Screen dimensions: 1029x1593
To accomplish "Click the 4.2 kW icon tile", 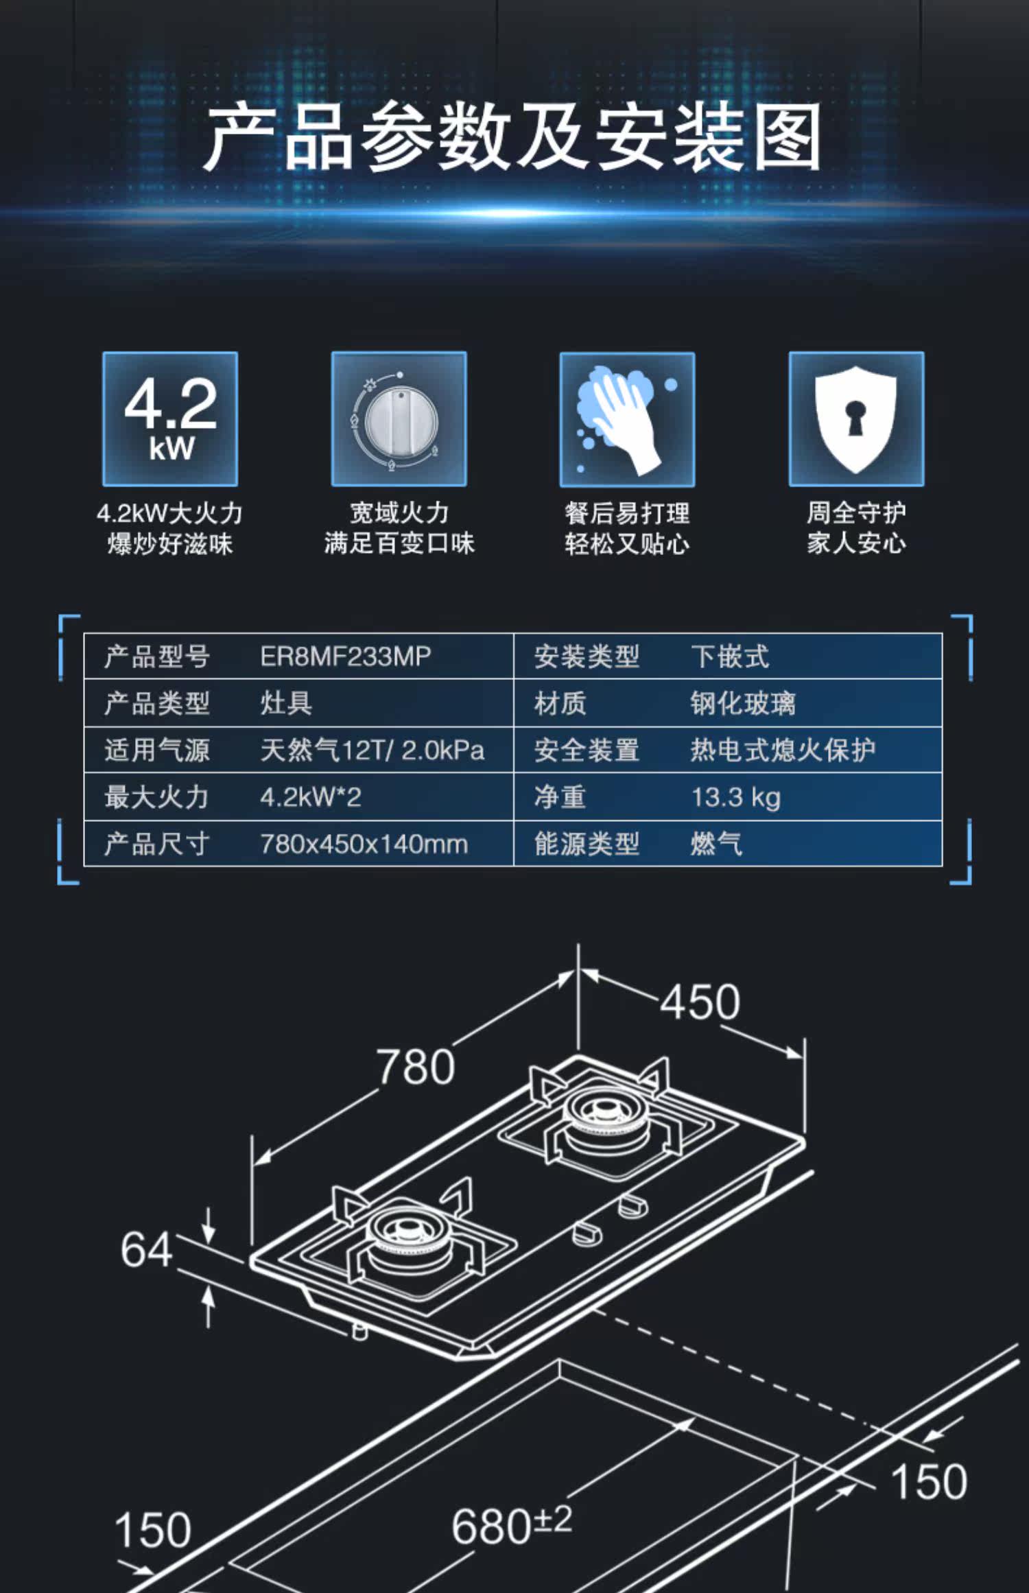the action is click(170, 419).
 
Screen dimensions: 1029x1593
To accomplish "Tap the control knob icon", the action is click(399, 419).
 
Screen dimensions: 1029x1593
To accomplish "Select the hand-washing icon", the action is click(627, 419).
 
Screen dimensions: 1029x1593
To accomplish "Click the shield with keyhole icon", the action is click(856, 419).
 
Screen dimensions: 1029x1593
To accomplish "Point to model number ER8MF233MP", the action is click(345, 657).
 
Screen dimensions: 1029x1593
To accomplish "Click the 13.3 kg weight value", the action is click(735, 797).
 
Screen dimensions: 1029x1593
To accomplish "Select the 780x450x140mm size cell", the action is click(364, 844).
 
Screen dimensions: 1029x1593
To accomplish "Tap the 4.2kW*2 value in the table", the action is click(310, 797).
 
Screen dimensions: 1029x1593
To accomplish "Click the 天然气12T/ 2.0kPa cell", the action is click(372, 751).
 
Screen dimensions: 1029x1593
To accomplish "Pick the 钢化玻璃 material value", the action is click(743, 704).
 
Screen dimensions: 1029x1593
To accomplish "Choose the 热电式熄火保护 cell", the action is click(782, 751).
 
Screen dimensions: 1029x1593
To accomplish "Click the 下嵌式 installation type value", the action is click(730, 657).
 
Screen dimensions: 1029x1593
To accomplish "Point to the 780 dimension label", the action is click(416, 1067).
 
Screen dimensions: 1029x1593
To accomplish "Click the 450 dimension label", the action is click(700, 1002).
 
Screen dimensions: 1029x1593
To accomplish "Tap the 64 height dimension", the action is click(146, 1249).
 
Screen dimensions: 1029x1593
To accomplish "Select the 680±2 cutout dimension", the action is click(511, 1525).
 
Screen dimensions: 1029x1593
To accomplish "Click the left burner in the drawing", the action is click(408, 1235).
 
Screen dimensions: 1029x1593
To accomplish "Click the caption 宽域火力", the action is click(399, 512).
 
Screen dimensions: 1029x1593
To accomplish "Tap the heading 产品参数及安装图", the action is click(513, 137).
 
